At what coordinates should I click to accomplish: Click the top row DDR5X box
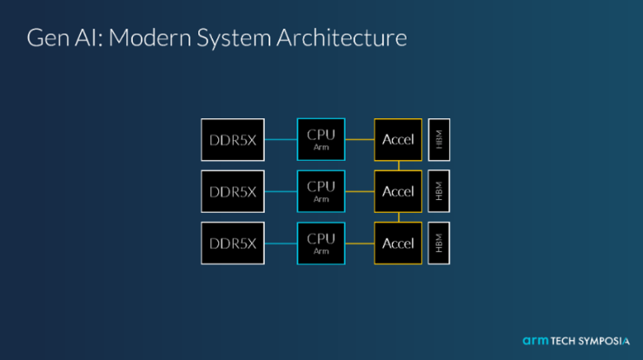(x=233, y=139)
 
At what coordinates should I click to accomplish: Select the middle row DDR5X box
(x=233, y=191)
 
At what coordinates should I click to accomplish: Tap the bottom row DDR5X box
(x=233, y=243)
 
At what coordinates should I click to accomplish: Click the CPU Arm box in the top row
(x=321, y=139)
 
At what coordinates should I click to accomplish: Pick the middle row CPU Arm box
(x=321, y=191)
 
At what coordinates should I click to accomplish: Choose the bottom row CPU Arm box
(x=321, y=243)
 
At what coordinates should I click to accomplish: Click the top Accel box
(x=398, y=139)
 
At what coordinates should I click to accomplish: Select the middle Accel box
(x=398, y=191)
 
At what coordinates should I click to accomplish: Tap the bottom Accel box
(x=398, y=243)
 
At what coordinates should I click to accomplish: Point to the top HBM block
(x=438, y=139)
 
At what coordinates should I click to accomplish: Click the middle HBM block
(x=438, y=191)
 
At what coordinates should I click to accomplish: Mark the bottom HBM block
(x=438, y=243)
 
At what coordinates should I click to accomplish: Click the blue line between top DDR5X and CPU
(x=280, y=139)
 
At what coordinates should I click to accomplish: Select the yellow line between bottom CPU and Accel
(x=360, y=243)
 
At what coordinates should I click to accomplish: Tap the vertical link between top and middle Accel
(x=398, y=165)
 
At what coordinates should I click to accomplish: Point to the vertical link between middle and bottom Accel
(x=398, y=217)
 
